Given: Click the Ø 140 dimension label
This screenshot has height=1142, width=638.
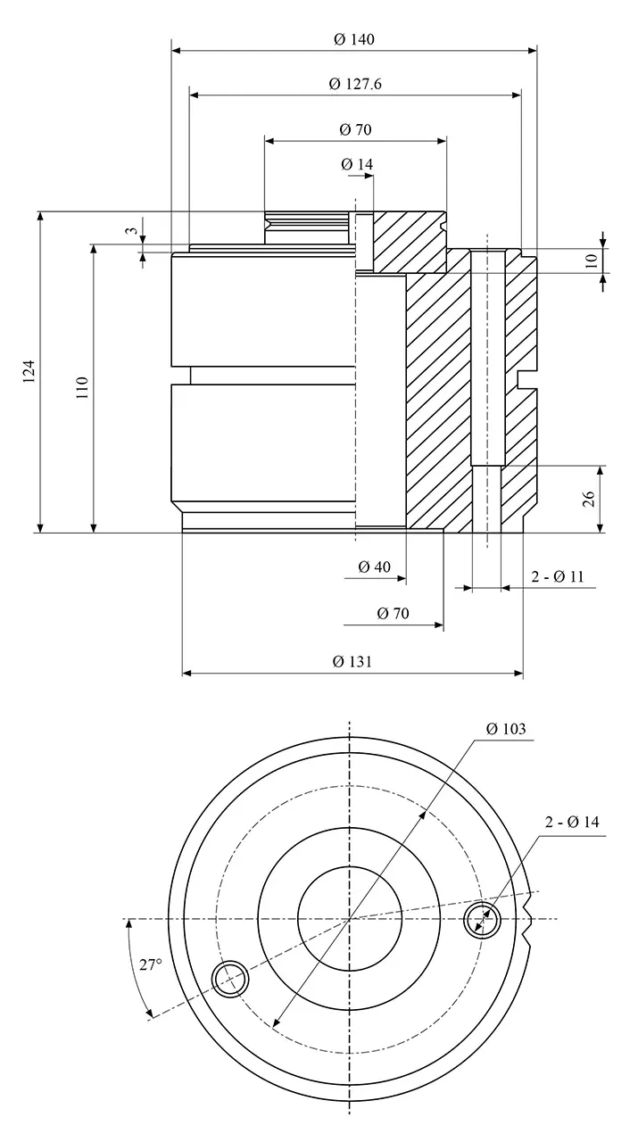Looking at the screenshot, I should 353,39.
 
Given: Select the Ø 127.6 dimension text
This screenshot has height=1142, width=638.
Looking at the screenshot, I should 355,84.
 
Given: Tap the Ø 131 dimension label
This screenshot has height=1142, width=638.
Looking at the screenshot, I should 352,662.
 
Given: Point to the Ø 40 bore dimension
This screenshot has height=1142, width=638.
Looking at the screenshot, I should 374,567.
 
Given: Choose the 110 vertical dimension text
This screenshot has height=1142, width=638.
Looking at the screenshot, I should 82,387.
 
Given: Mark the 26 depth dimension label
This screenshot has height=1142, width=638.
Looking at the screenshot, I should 589,499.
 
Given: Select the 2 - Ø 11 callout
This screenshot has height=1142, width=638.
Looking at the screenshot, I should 558,576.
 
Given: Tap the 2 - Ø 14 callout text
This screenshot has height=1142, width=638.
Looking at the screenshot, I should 572,823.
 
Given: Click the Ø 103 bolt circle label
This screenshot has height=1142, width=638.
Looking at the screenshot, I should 506,729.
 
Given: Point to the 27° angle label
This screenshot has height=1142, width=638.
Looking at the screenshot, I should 151,964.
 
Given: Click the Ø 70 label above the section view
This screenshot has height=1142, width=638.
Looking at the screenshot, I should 355,129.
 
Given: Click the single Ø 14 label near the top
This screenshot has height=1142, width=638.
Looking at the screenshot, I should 357,164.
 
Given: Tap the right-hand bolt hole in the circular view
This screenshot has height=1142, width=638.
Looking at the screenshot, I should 482,919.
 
